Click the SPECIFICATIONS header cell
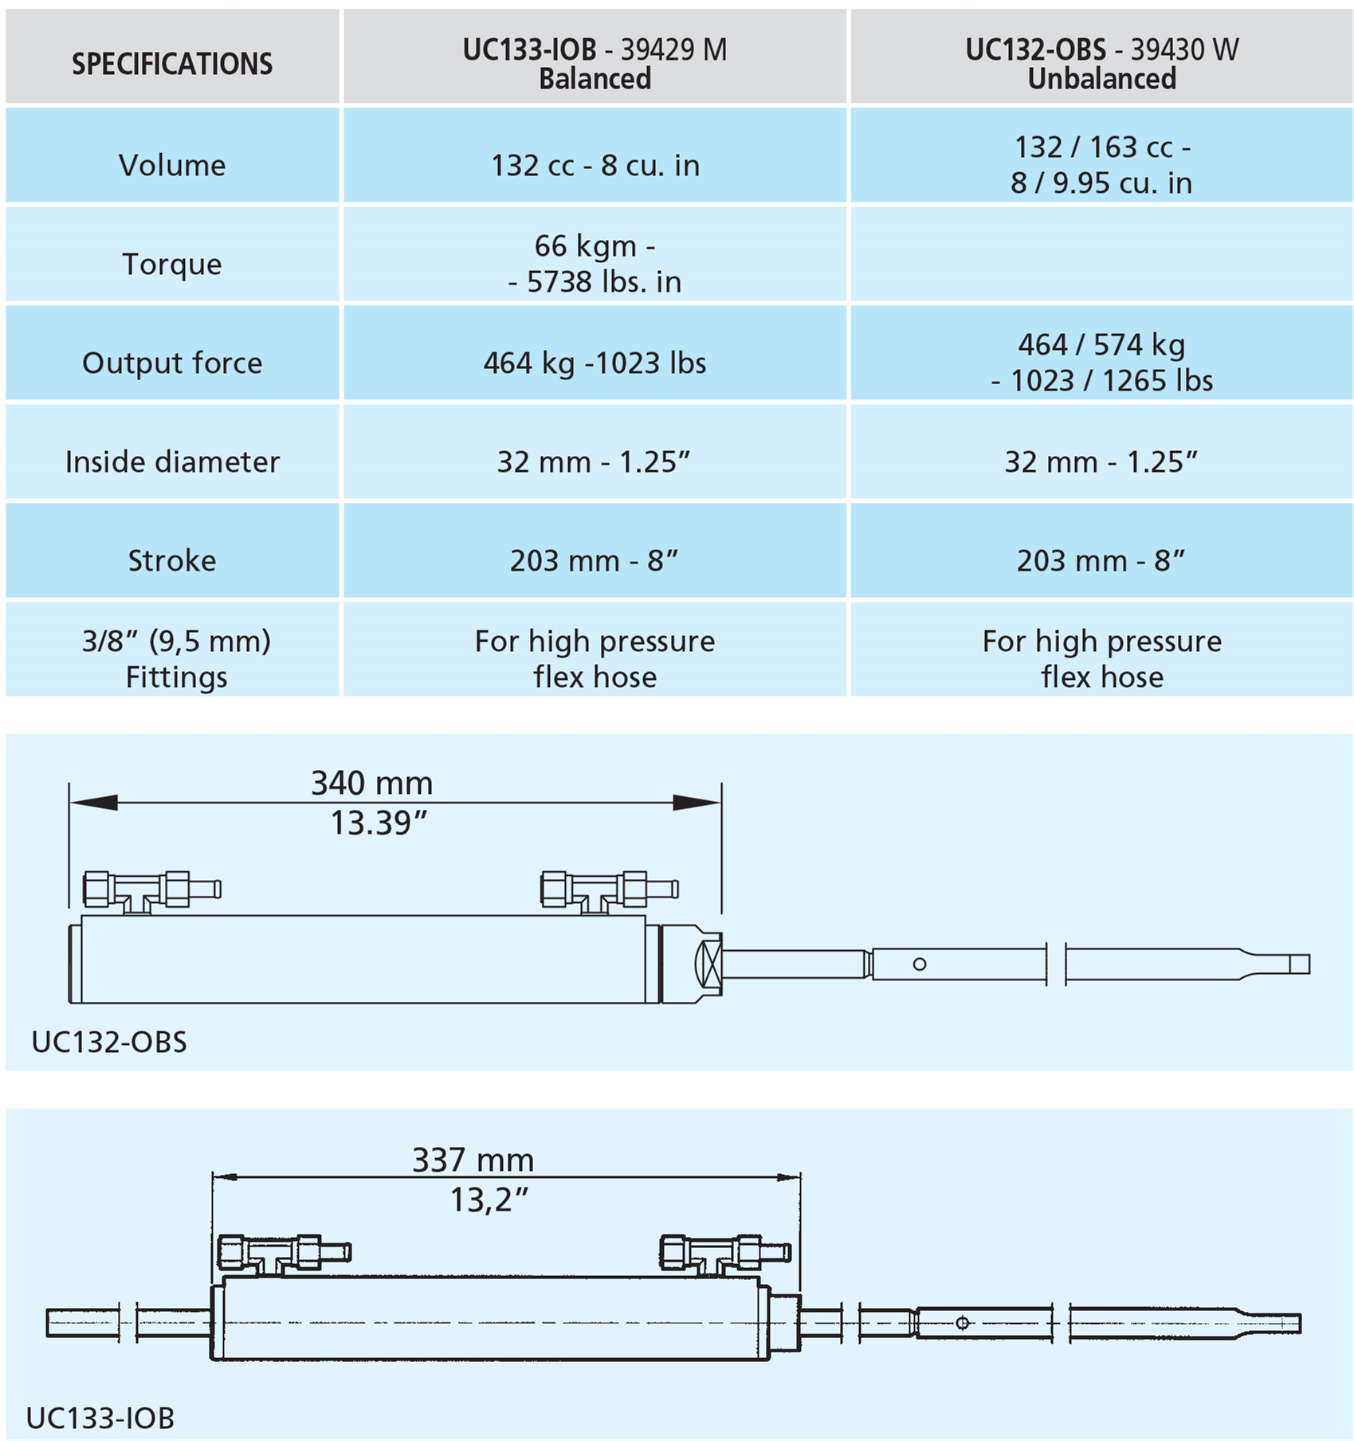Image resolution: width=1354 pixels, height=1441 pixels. [x=172, y=57]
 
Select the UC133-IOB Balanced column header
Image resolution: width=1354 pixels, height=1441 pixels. [x=595, y=57]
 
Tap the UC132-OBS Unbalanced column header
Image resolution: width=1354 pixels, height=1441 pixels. [x=1101, y=57]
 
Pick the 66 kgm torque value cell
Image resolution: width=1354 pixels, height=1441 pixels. [x=595, y=254]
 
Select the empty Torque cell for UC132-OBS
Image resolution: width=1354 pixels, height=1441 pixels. [x=1101, y=254]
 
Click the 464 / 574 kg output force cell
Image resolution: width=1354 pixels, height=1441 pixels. [x=1101, y=353]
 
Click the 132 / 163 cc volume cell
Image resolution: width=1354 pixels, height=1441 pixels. [x=1101, y=155]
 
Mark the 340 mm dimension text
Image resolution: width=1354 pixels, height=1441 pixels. [x=371, y=783]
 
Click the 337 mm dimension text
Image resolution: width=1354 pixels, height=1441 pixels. [x=473, y=1160]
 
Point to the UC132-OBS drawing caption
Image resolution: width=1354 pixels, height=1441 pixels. [x=109, y=1042]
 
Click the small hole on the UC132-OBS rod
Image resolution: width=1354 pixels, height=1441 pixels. [x=919, y=964]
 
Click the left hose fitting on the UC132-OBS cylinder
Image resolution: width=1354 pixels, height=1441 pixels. [x=151, y=891]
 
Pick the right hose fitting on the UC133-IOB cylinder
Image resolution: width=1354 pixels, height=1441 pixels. [x=725, y=1254]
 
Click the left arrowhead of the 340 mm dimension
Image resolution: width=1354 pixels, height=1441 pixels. [x=93, y=803]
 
